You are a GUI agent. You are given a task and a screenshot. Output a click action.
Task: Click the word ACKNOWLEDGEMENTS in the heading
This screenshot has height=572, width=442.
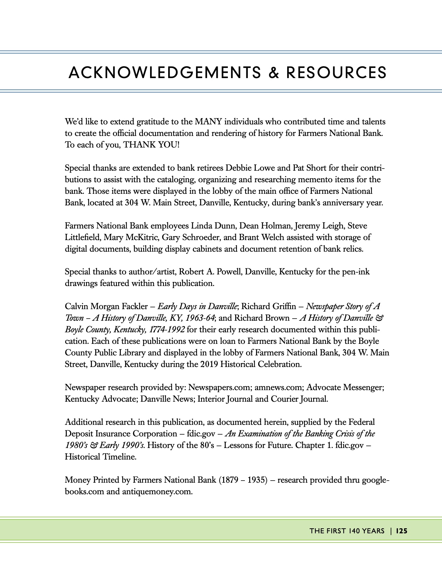point(165,73)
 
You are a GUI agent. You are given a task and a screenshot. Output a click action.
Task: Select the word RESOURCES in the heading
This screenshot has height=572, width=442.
point(336,73)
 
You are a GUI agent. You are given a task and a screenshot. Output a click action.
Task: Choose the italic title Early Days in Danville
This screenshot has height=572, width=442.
point(197,307)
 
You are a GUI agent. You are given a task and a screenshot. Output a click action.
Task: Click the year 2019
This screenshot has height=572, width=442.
point(209,364)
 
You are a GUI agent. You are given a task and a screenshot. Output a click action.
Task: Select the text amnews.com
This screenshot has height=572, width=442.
point(279,388)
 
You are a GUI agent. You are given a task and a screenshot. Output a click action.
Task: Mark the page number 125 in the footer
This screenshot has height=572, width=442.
point(402,531)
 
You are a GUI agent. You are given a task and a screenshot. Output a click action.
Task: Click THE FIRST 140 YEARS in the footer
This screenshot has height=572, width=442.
point(347,531)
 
